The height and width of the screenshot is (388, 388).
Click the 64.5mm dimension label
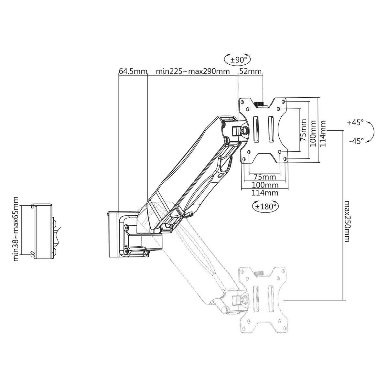(133, 71)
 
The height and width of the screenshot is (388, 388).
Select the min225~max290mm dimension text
(193, 71)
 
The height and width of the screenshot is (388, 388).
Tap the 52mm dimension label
(251, 71)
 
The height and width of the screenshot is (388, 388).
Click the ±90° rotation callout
(238, 59)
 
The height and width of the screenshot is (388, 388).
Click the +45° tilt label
(355, 123)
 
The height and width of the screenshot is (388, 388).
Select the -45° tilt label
(356, 141)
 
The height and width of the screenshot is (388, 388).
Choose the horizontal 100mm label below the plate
(265, 185)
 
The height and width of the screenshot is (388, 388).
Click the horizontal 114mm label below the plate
(265, 193)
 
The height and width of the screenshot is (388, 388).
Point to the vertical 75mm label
(303, 130)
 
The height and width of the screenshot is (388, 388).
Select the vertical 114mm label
(323, 133)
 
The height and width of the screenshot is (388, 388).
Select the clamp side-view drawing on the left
(44, 231)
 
